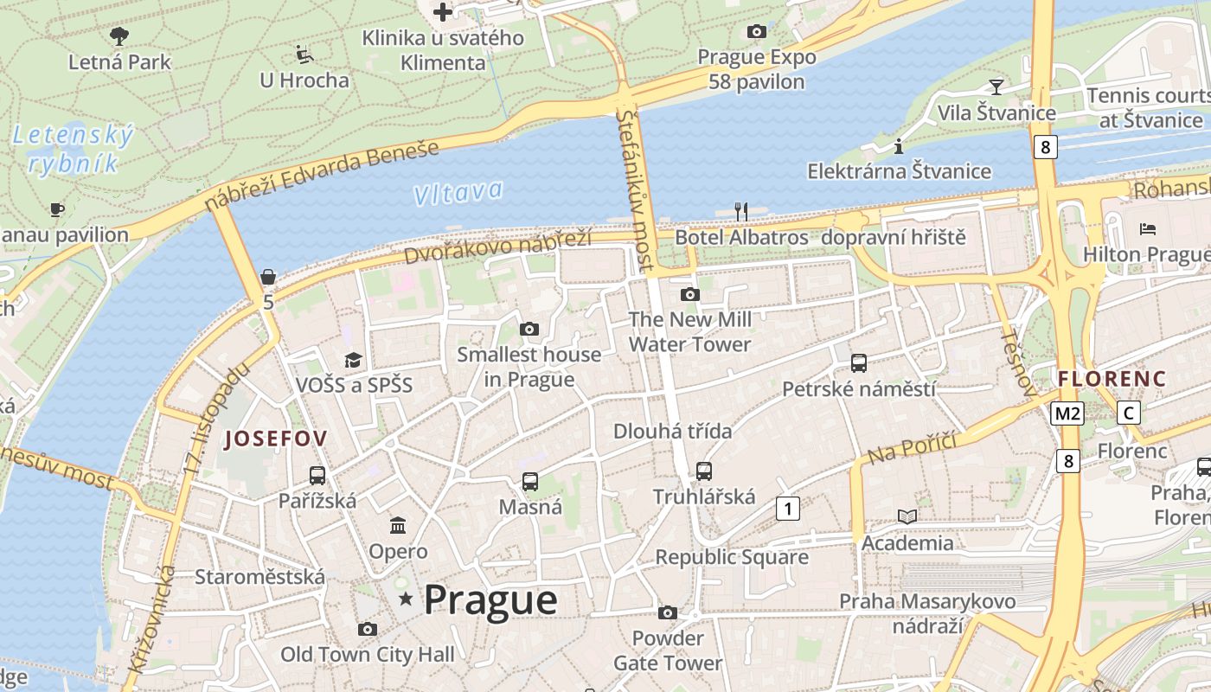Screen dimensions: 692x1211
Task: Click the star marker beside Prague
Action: (x=405, y=599)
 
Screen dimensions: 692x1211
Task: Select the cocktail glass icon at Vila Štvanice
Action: (x=996, y=86)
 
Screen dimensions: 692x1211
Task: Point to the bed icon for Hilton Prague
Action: (x=1148, y=229)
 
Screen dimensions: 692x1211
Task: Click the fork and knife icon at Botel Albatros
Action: (x=740, y=211)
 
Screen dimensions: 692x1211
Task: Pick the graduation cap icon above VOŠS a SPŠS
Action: (x=353, y=360)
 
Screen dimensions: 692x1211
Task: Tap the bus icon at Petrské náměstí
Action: (x=859, y=363)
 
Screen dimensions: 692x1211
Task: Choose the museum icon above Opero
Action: (x=398, y=525)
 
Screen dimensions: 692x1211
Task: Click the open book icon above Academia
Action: (x=907, y=516)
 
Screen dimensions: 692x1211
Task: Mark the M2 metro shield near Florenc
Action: (x=1067, y=413)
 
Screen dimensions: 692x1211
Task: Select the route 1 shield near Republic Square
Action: (x=787, y=508)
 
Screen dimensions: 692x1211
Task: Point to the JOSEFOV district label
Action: (x=276, y=439)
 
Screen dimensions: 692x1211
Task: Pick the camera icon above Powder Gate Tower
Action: (x=667, y=613)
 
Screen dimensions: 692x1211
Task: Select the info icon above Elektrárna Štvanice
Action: (x=898, y=145)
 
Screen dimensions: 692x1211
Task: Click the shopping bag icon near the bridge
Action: (x=268, y=277)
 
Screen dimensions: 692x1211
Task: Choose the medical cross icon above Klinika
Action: (x=443, y=12)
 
